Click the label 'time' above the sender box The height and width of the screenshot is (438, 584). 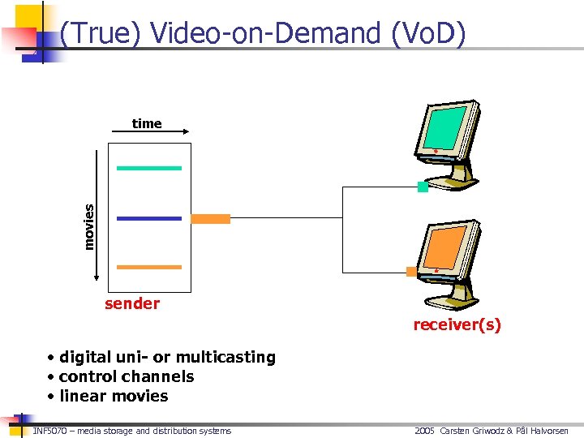point(147,123)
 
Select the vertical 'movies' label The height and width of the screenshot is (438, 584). point(89,226)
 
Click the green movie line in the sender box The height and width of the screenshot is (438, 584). point(149,168)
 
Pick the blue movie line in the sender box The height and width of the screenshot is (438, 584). point(149,218)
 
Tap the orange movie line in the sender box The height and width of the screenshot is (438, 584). point(149,267)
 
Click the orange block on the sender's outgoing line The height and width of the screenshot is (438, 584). point(210,218)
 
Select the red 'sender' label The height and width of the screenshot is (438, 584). point(132,303)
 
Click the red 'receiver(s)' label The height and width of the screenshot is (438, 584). point(457,325)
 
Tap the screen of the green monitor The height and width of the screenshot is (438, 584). point(444,127)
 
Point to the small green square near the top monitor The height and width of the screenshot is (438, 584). point(423,187)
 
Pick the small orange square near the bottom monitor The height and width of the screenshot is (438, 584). point(412,271)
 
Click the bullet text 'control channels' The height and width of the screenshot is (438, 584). point(127,376)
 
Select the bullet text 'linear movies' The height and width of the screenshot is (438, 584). point(114,396)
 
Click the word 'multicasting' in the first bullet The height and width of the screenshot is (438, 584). point(225,357)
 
